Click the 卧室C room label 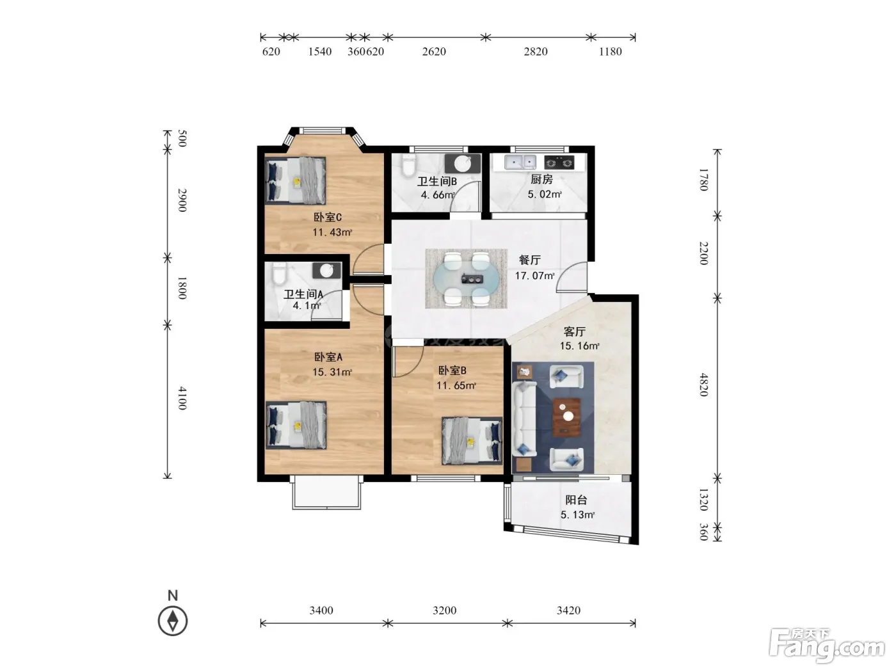tap(328, 217)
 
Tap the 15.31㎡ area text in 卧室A tap(332, 372)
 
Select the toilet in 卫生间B tap(408, 166)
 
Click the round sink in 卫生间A tap(326, 270)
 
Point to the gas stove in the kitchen tap(559, 163)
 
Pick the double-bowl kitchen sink tap(520, 162)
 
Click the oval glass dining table tap(466, 278)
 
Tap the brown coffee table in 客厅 tap(566, 417)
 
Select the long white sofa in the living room tap(525, 418)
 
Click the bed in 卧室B tap(472, 441)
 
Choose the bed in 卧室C tap(296, 180)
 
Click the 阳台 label tap(577, 499)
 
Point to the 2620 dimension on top tap(434, 51)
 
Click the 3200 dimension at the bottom tap(445, 611)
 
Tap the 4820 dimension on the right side tap(703, 385)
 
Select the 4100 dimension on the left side tap(182, 398)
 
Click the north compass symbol tap(173, 621)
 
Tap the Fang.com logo tap(827, 646)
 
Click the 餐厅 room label tap(530, 260)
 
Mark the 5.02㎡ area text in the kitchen tap(545, 194)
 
